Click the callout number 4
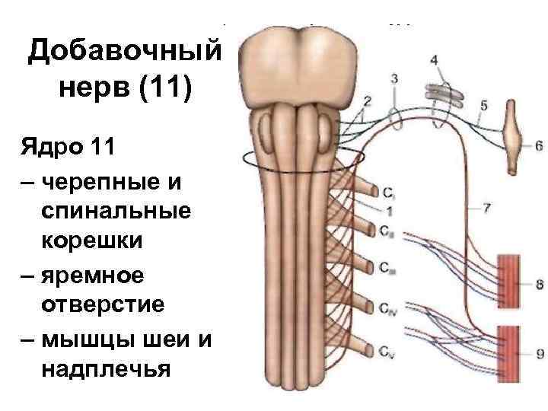434,60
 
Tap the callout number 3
394,78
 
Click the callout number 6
539,145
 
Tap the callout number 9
539,352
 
